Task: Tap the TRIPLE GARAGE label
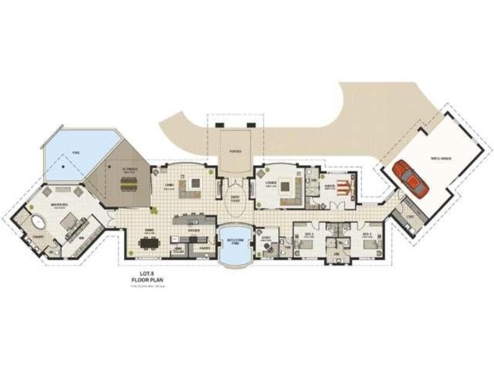pos(441,158)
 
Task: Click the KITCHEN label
pos(193,232)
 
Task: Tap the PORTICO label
pos(235,151)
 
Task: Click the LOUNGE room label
pos(270,183)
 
